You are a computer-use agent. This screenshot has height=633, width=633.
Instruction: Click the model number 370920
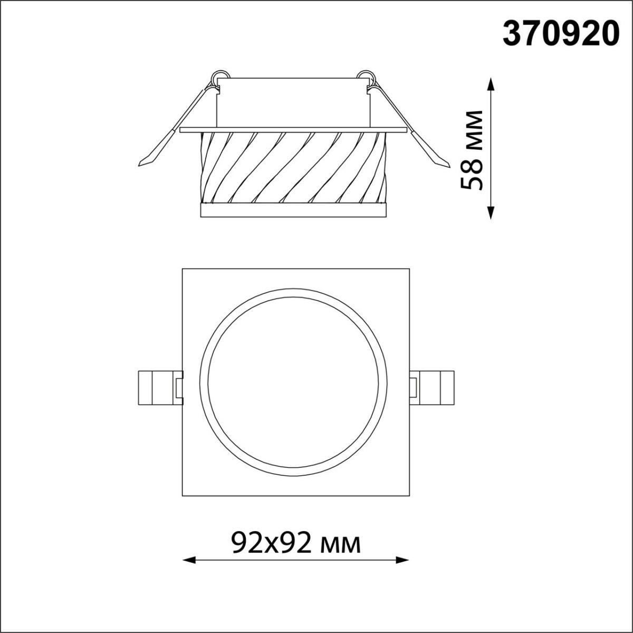pyautogui.click(x=560, y=35)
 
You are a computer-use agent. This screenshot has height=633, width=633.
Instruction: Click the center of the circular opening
pyautogui.click(x=295, y=382)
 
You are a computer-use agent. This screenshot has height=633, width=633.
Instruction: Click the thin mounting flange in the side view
pyautogui.click(x=293, y=129)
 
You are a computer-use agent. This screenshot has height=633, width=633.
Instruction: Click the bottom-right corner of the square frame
pyautogui.click(x=409, y=496)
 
